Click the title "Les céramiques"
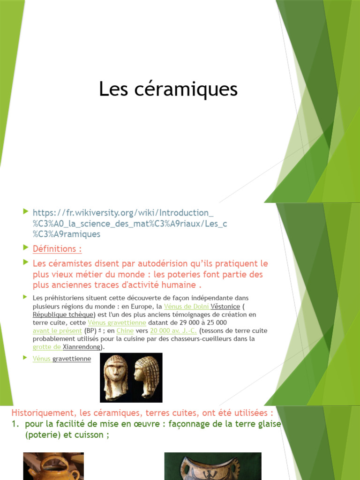point(168,89)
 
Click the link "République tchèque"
point(64,315)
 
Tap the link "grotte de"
point(47,347)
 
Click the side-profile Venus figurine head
point(146,376)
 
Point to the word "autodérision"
point(150,263)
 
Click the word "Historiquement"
point(41,413)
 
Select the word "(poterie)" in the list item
point(43,435)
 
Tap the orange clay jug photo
point(53,466)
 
